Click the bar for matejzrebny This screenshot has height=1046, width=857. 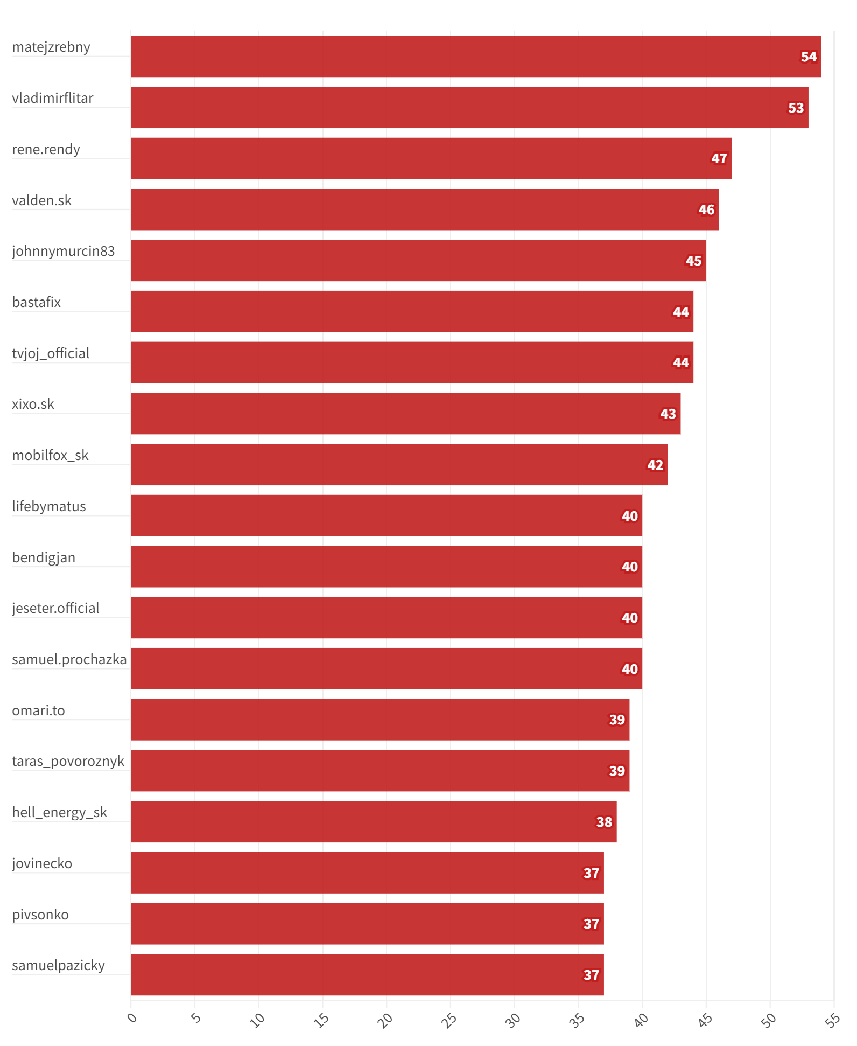476,57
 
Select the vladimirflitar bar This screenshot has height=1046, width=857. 469,108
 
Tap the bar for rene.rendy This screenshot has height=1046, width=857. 431,158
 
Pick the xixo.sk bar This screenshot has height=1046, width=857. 405,414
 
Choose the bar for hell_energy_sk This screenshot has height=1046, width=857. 374,822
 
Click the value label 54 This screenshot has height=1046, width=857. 809,57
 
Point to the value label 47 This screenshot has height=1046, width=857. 719,159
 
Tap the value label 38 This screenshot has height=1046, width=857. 604,822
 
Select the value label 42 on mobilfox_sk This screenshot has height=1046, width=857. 655,465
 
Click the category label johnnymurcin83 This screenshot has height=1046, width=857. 64,252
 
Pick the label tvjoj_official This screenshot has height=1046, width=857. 51,354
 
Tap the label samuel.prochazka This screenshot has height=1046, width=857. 69,660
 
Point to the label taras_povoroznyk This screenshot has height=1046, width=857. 68,762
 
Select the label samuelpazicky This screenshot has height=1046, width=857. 59,966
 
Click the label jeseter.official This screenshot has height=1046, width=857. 55,609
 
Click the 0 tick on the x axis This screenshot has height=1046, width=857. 132,1017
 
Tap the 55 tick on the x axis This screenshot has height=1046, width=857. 832,1020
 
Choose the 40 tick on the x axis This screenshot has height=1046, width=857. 641,1020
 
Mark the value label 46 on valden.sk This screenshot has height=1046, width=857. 706,210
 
